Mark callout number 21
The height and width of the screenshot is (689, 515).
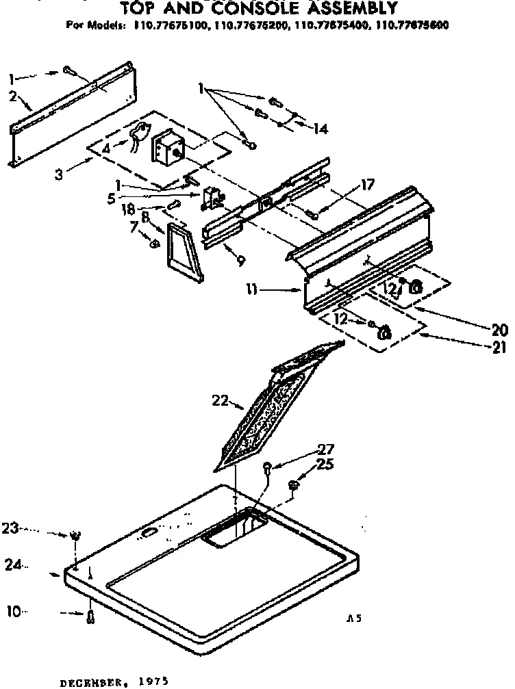[x=499, y=348]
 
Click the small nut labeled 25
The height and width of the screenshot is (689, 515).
[x=293, y=485]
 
